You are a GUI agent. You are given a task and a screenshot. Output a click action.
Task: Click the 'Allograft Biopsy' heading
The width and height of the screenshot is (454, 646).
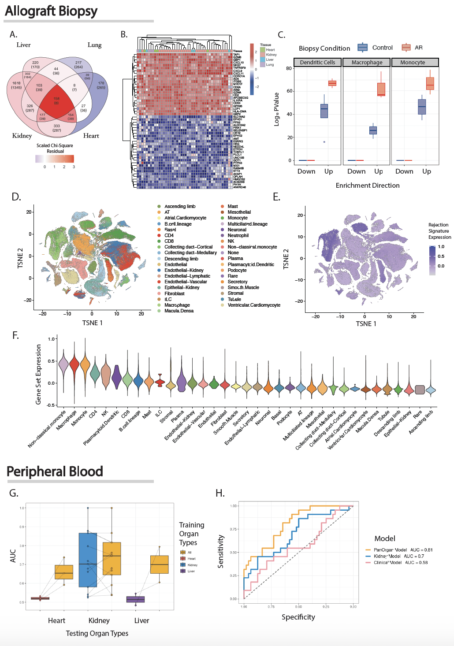(51, 11)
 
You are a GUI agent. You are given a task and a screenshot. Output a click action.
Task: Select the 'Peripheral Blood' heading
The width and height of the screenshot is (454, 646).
(55, 472)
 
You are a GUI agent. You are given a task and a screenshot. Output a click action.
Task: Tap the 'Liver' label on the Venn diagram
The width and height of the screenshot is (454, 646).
(23, 45)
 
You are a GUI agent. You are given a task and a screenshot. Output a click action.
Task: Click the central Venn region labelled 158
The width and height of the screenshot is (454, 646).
(56, 101)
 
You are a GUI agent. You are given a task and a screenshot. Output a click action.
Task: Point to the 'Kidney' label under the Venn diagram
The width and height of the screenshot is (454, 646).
(22, 136)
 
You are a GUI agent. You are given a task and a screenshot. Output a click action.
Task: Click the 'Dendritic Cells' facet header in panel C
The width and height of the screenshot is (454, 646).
(317, 63)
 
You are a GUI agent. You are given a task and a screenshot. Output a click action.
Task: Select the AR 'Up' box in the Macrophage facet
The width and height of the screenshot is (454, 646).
(381, 89)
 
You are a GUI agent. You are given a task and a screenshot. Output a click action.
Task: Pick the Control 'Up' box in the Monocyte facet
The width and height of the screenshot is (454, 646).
(422, 107)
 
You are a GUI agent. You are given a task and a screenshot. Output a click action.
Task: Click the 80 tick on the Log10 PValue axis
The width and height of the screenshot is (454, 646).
(289, 68)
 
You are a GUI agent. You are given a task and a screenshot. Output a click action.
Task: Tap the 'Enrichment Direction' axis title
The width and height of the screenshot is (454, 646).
(368, 186)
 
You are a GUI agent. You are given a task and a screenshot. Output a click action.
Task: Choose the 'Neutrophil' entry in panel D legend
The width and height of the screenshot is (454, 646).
(238, 235)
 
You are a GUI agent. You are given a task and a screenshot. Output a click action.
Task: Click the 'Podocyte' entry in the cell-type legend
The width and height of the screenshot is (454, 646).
(237, 270)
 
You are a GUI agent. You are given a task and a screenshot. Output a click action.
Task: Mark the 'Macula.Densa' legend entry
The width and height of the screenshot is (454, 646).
(179, 311)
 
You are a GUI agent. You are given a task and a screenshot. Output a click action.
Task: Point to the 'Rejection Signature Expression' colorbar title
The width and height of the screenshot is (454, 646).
(439, 231)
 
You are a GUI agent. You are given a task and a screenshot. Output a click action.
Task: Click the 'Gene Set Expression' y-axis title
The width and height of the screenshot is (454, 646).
(38, 374)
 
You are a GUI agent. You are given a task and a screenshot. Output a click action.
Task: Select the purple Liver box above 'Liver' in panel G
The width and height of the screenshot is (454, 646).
(135, 599)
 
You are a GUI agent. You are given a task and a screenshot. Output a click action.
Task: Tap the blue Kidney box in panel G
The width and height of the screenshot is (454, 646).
(88, 560)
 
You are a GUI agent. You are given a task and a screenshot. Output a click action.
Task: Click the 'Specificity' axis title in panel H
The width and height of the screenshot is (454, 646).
(298, 617)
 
